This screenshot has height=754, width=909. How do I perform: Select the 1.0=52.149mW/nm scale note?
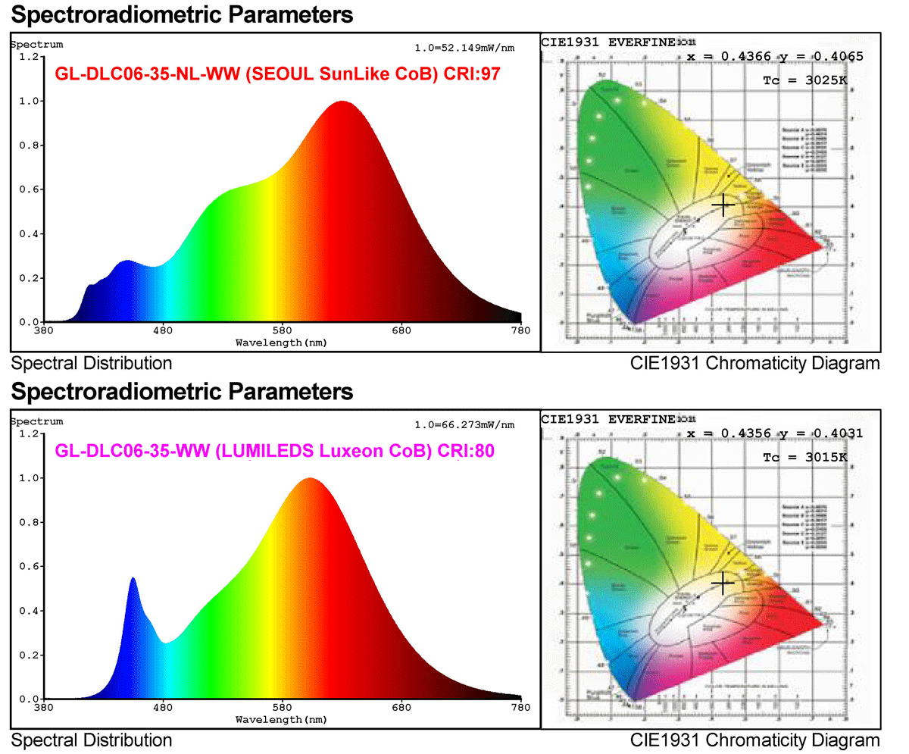click(464, 48)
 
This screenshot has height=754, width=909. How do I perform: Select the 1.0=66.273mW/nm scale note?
click(464, 425)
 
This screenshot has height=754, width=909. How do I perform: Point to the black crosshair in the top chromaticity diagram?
click(723, 205)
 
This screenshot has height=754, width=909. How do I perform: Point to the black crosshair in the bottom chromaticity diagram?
click(723, 582)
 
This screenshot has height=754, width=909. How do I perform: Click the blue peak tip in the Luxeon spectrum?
click(133, 579)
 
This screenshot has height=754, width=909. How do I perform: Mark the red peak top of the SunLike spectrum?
click(342, 102)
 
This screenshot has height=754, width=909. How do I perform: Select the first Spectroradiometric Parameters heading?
click(183, 14)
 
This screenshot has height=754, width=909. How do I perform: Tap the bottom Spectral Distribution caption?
click(92, 740)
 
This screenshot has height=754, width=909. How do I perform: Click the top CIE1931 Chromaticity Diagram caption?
click(754, 363)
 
